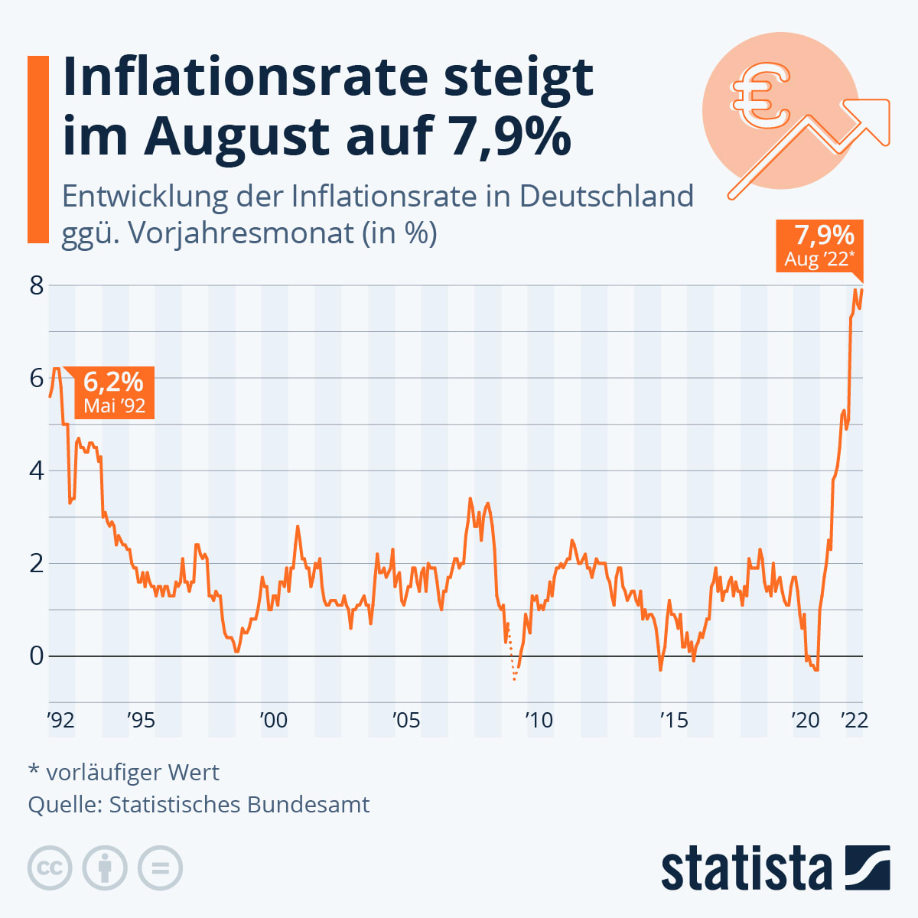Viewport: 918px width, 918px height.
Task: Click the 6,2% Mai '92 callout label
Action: (x=113, y=392)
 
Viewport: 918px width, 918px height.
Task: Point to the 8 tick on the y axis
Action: (x=36, y=286)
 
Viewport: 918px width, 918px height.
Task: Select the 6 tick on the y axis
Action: (x=36, y=379)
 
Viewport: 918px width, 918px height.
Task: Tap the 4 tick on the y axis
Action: (x=36, y=471)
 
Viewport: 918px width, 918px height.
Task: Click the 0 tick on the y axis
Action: (x=36, y=656)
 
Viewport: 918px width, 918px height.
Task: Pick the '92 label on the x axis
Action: (x=60, y=721)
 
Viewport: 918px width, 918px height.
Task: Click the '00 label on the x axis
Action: (x=273, y=721)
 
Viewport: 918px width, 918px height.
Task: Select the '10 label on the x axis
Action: (x=538, y=721)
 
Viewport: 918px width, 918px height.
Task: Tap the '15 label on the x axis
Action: (x=673, y=721)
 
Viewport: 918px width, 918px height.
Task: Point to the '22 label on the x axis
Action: (x=854, y=721)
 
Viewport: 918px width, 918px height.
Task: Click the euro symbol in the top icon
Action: (x=760, y=95)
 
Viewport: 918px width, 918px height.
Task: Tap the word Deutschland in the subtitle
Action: (x=606, y=197)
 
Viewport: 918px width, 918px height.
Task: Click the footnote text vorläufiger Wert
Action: (x=132, y=773)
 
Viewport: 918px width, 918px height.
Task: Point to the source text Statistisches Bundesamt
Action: (x=239, y=805)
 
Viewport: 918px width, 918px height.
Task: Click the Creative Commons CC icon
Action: (x=50, y=868)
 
